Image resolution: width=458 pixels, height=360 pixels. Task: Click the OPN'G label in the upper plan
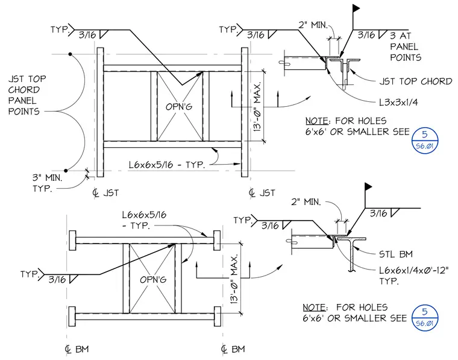[179, 107]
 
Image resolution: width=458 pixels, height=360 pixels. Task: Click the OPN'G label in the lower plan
[153, 280]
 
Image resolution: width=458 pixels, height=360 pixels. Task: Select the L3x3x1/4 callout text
[398, 103]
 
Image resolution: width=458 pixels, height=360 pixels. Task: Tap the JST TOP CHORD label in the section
[415, 81]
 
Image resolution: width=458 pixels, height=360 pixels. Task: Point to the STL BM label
[396, 254]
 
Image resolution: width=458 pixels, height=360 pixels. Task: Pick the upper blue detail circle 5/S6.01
[425, 140]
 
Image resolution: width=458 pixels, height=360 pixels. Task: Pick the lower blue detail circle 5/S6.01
[425, 318]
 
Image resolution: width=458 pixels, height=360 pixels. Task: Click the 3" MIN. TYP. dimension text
[47, 183]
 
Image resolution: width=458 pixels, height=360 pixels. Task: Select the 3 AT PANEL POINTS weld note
[406, 47]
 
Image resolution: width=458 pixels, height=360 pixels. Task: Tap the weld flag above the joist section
[356, 8]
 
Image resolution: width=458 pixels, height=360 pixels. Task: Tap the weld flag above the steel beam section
[368, 186]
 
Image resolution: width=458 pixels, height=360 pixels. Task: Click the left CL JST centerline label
[105, 193]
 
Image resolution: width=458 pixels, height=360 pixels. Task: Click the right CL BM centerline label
[233, 349]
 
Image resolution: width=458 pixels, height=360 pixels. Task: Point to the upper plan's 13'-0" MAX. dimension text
[257, 106]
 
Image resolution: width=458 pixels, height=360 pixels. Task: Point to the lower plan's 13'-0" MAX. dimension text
[234, 279]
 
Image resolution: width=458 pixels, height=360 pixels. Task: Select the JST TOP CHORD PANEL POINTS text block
[27, 95]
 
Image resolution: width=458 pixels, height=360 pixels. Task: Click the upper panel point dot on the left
[70, 54]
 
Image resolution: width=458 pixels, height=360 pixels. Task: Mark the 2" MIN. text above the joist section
[313, 25]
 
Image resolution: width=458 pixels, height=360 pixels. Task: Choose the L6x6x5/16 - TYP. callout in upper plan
[167, 165]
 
